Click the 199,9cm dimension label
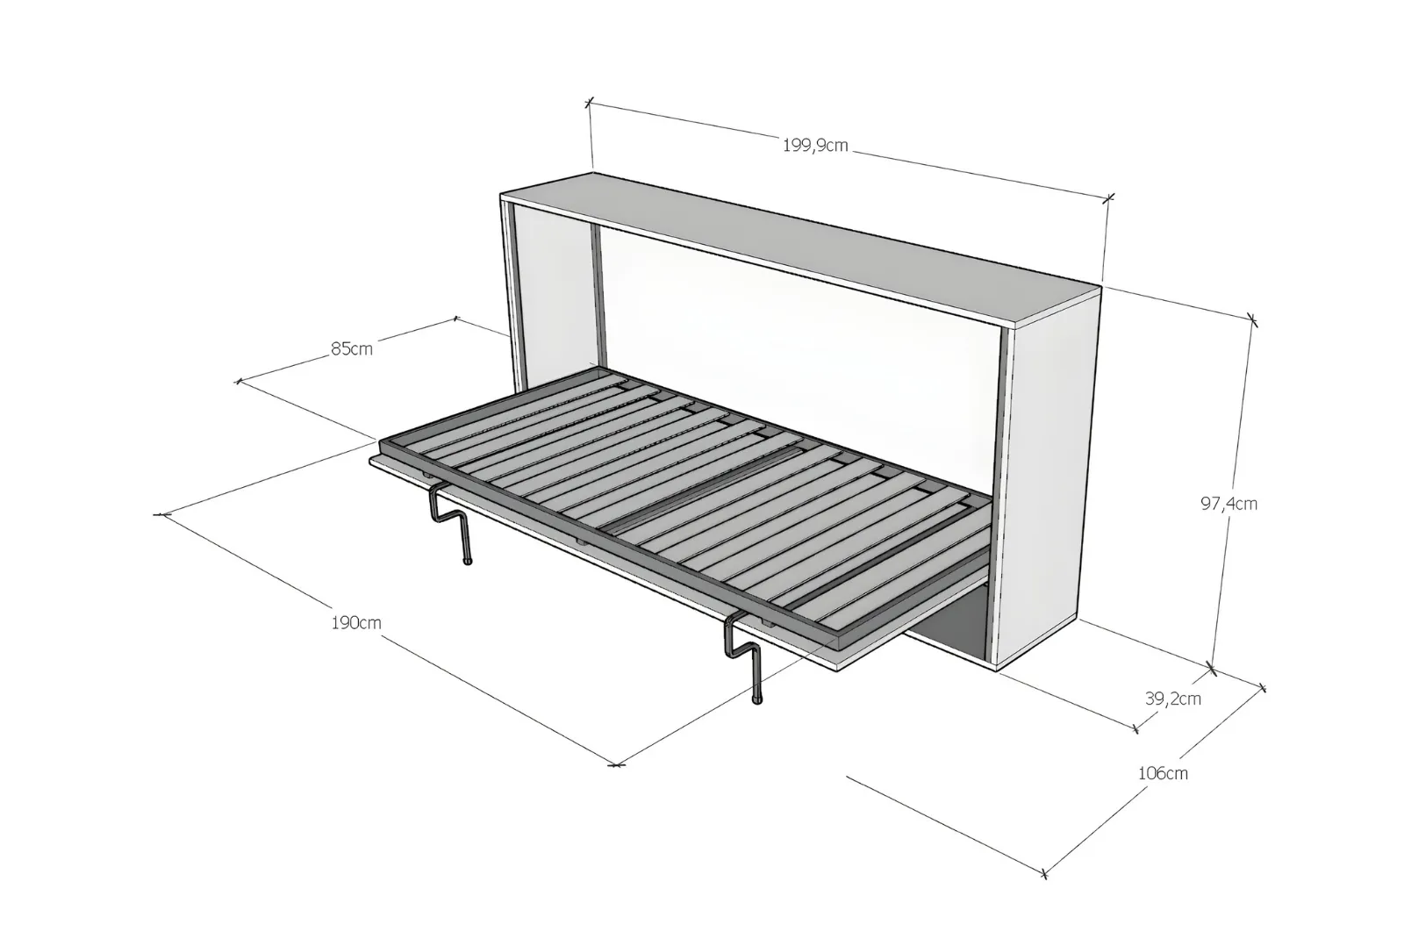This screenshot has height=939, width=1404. tap(815, 146)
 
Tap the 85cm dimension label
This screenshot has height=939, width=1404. tap(352, 348)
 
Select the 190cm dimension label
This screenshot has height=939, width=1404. tap(356, 622)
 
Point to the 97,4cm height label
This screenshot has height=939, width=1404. tap(1228, 504)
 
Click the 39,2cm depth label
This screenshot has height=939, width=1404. tap(1172, 699)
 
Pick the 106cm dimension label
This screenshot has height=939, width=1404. tap(1163, 773)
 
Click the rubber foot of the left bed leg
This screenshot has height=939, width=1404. tap(467, 561)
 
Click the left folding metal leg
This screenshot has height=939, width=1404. tap(450, 521)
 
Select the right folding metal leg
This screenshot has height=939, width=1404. tap(743, 658)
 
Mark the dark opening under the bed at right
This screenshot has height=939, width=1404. tap(953, 620)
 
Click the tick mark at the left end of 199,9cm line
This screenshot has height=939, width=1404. tap(589, 103)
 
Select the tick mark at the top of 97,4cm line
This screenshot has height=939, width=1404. tap(1252, 319)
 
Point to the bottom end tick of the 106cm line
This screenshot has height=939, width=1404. tap(1044, 873)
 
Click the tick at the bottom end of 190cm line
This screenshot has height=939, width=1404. tap(617, 765)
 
